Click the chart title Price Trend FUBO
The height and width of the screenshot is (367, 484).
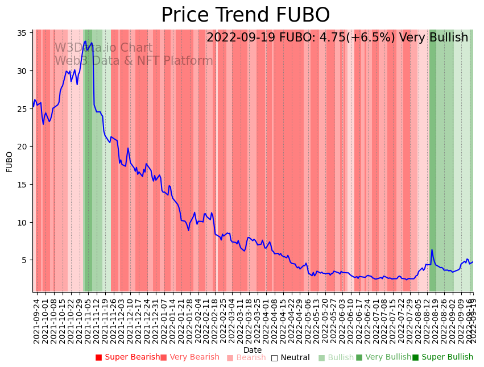245,15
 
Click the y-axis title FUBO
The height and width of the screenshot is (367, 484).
10,161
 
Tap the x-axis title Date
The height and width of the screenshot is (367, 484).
253,350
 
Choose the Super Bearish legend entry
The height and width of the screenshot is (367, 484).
128,357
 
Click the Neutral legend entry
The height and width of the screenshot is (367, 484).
290,357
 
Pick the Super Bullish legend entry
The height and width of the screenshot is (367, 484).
442,357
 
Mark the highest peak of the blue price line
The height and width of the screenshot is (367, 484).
85,41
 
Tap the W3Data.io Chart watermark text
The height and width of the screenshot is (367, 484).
104,48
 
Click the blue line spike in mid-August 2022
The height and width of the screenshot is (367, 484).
432,250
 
